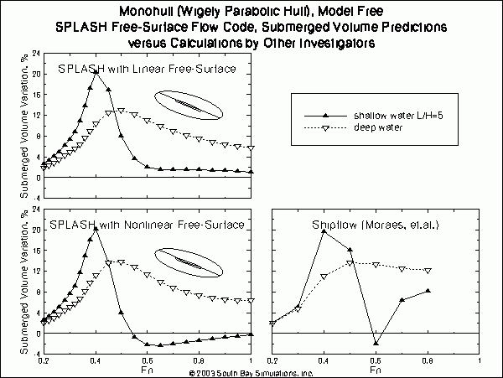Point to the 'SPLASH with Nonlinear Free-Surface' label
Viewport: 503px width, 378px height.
(x=147, y=225)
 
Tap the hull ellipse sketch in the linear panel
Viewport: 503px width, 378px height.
(x=189, y=106)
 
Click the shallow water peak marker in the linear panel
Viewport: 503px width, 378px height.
(x=96, y=72)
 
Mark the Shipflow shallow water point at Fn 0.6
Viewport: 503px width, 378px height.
(x=376, y=343)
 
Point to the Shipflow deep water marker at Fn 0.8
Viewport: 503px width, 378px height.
(x=428, y=270)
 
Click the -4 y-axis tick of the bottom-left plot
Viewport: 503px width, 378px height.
(x=35, y=355)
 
